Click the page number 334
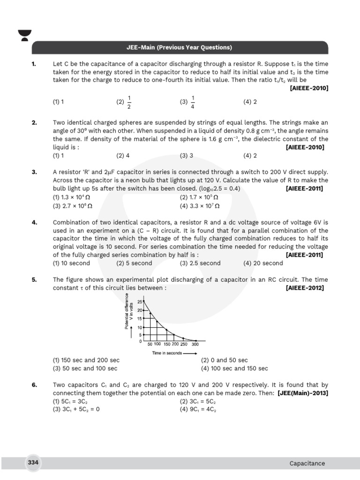33,463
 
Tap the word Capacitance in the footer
307,463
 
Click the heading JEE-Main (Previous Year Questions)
180,48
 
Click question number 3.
34,172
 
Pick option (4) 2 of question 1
250,102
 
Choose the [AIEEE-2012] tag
304,288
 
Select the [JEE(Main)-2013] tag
303,393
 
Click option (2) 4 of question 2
123,155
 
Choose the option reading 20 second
263,263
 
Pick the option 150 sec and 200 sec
86,360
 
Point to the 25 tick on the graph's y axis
139,302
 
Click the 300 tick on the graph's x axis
195,344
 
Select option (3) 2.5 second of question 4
200,263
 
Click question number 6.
34,385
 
